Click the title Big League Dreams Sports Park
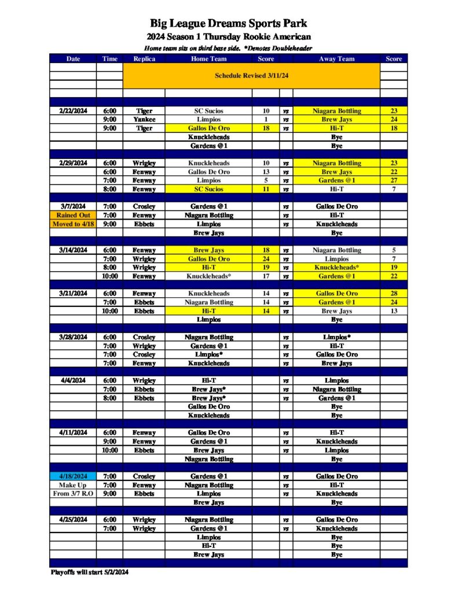pos(229,24)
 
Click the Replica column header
pos(144,58)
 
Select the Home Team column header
pos(208,58)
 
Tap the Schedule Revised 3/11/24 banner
pos(251,76)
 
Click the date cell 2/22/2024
pos(73,110)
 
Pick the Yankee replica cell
pos(144,119)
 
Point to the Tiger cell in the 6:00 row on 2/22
pos(144,110)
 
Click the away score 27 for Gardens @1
pos(394,180)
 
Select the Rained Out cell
pos(73,215)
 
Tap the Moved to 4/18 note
pos(73,224)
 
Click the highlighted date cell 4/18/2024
pos(73,476)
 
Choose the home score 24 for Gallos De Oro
pos(266,259)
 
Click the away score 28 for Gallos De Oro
pos(394,294)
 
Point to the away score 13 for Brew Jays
pos(394,311)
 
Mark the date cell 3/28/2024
pos(73,337)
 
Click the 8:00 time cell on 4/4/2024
pos(109,398)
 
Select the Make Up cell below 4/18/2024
pos(73,485)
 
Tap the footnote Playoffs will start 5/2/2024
pos(89,572)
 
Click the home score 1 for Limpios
pos(266,119)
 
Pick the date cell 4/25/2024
pos(73,520)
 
